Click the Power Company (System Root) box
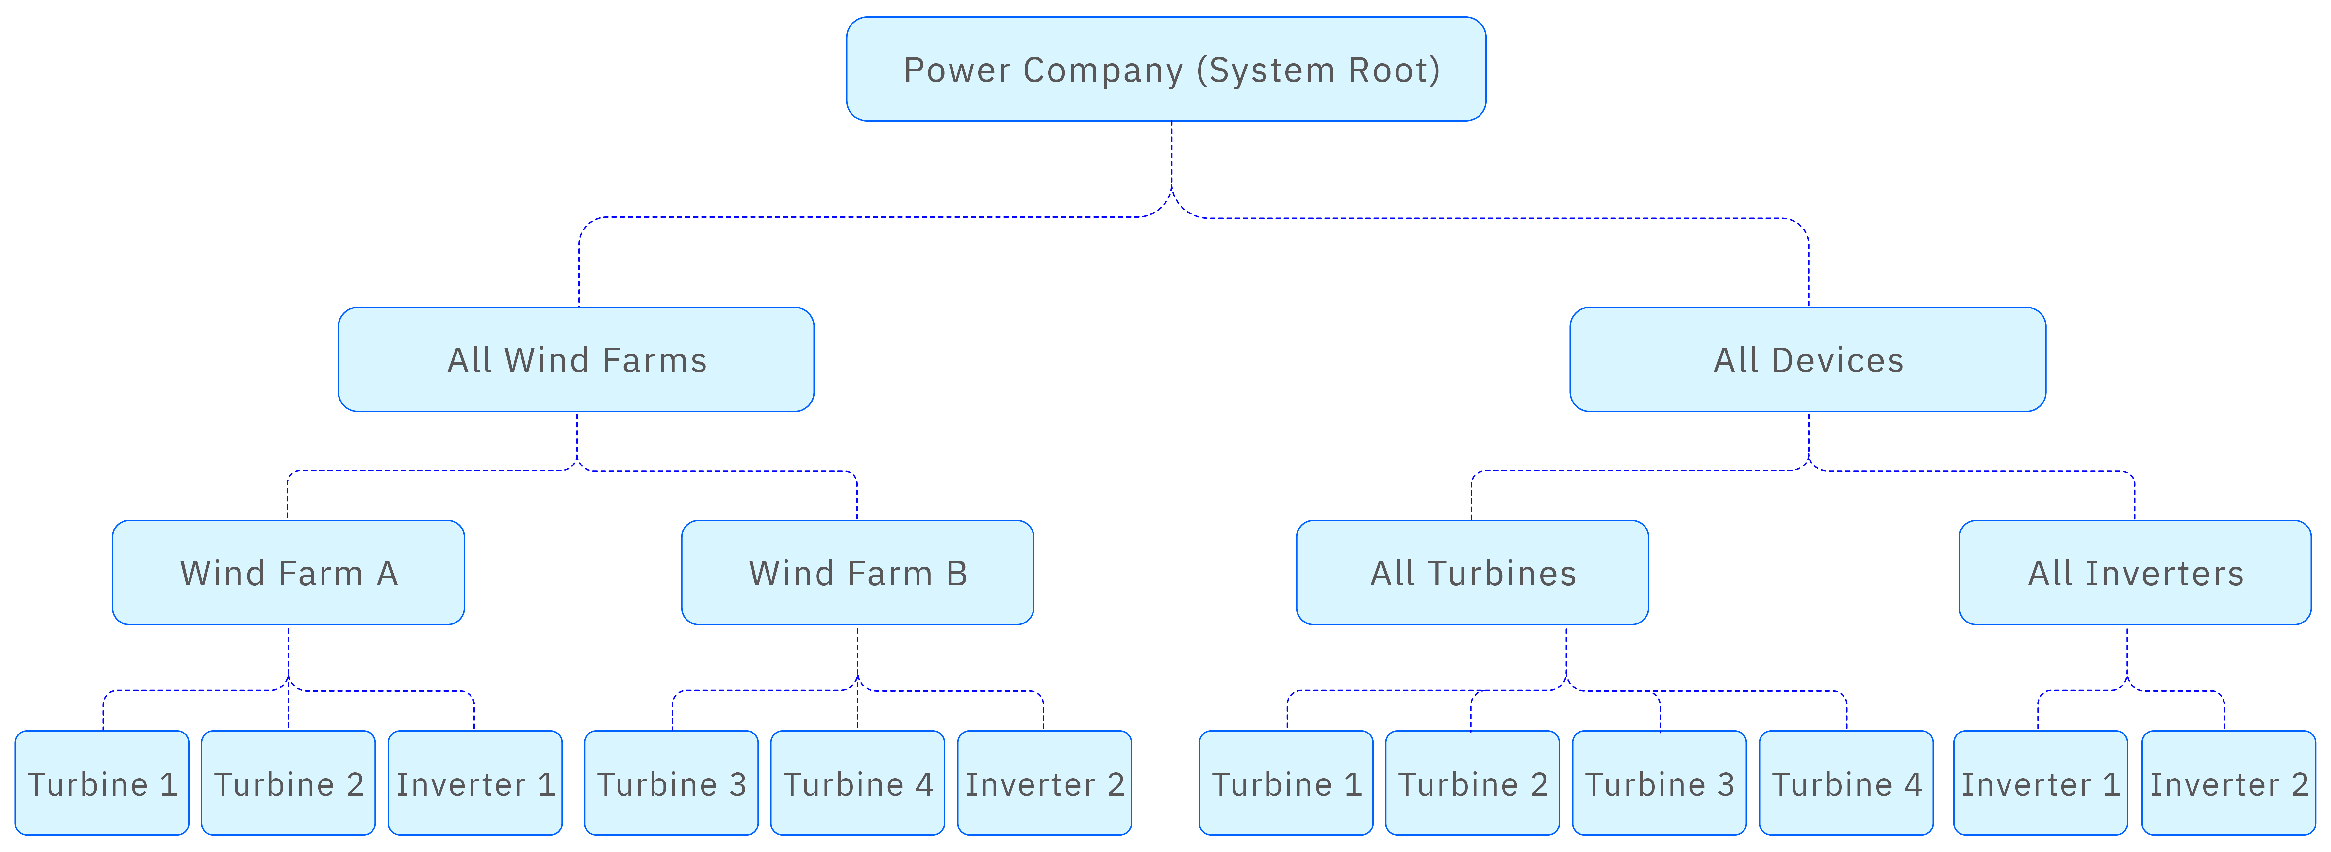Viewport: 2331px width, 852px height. [1165, 69]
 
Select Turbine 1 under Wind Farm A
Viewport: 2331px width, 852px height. [102, 782]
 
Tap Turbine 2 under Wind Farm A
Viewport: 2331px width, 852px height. [288, 782]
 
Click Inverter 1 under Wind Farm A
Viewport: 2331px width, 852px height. [475, 782]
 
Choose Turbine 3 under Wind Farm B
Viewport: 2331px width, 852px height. [671, 782]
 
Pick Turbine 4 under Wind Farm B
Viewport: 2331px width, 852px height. [857, 782]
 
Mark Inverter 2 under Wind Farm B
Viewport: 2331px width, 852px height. [1044, 782]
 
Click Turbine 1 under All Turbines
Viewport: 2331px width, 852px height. [1286, 782]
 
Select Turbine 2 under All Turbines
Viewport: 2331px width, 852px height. [1472, 782]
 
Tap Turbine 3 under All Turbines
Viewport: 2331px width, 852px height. [1660, 782]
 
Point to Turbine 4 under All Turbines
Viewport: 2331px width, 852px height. [1846, 782]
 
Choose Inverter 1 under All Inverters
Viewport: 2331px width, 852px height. [2041, 782]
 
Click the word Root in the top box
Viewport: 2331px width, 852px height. [1387, 70]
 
